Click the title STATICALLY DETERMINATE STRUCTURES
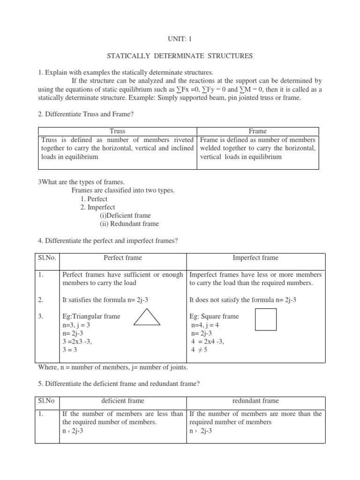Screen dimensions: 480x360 pyautogui.click(x=180, y=56)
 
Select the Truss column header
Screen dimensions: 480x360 pyautogui.click(x=117, y=131)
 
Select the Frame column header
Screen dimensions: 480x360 pyautogui.click(x=258, y=131)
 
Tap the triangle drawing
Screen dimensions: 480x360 pyautogui.click(x=147, y=318)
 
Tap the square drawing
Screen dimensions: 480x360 pyautogui.click(x=265, y=319)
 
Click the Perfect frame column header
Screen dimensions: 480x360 pyautogui.click(x=123, y=257)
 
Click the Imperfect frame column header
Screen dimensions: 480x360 pyautogui.click(x=255, y=257)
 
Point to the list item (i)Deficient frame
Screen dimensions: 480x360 pyautogui.click(x=125, y=216)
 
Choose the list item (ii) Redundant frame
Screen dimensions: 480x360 pyautogui.click(x=129, y=224)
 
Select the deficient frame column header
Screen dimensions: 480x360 pyautogui.click(x=123, y=401)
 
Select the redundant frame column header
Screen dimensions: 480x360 pyautogui.click(x=255, y=401)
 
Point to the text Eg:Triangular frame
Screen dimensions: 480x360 pyautogui.click(x=91, y=316)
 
